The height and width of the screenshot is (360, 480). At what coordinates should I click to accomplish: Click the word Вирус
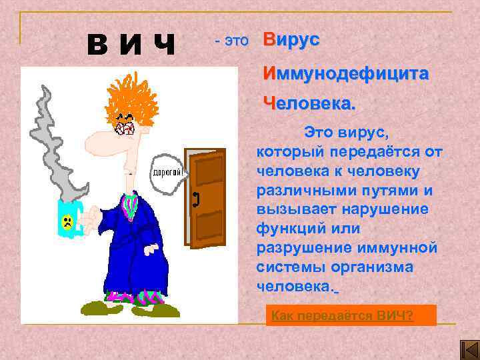click(x=291, y=39)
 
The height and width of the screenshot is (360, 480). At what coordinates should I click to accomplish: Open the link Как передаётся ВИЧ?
click(x=342, y=315)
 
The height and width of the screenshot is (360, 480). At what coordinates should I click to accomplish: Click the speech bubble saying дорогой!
click(x=169, y=172)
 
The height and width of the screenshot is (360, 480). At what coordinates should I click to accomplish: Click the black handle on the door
click(x=196, y=198)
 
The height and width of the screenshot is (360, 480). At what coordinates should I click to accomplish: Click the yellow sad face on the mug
click(x=67, y=222)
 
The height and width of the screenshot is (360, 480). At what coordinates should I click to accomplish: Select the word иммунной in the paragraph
click(x=403, y=248)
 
